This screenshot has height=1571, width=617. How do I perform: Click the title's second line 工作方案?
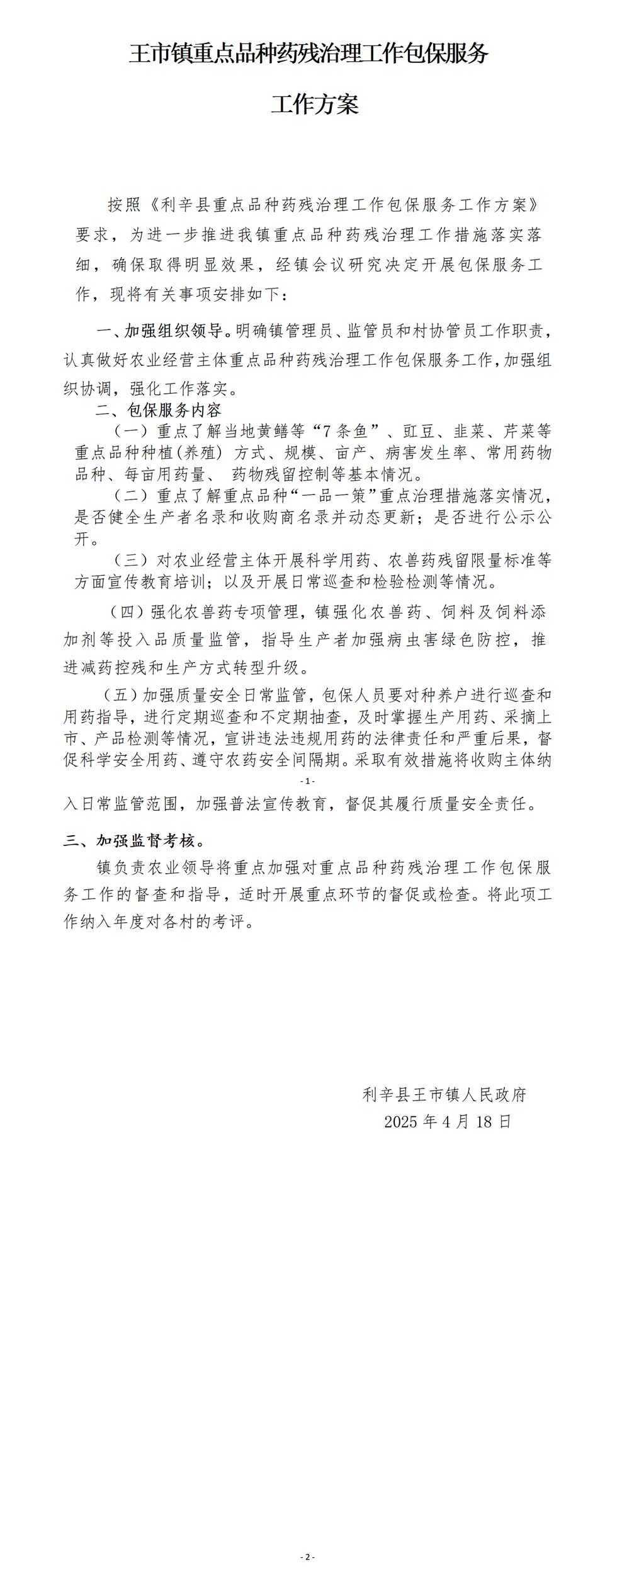click(x=314, y=105)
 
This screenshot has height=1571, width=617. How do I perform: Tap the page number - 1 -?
click(x=308, y=781)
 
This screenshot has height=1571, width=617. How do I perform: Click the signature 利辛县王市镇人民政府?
click(x=444, y=1095)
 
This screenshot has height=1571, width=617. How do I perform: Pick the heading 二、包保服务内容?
click(x=159, y=411)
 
